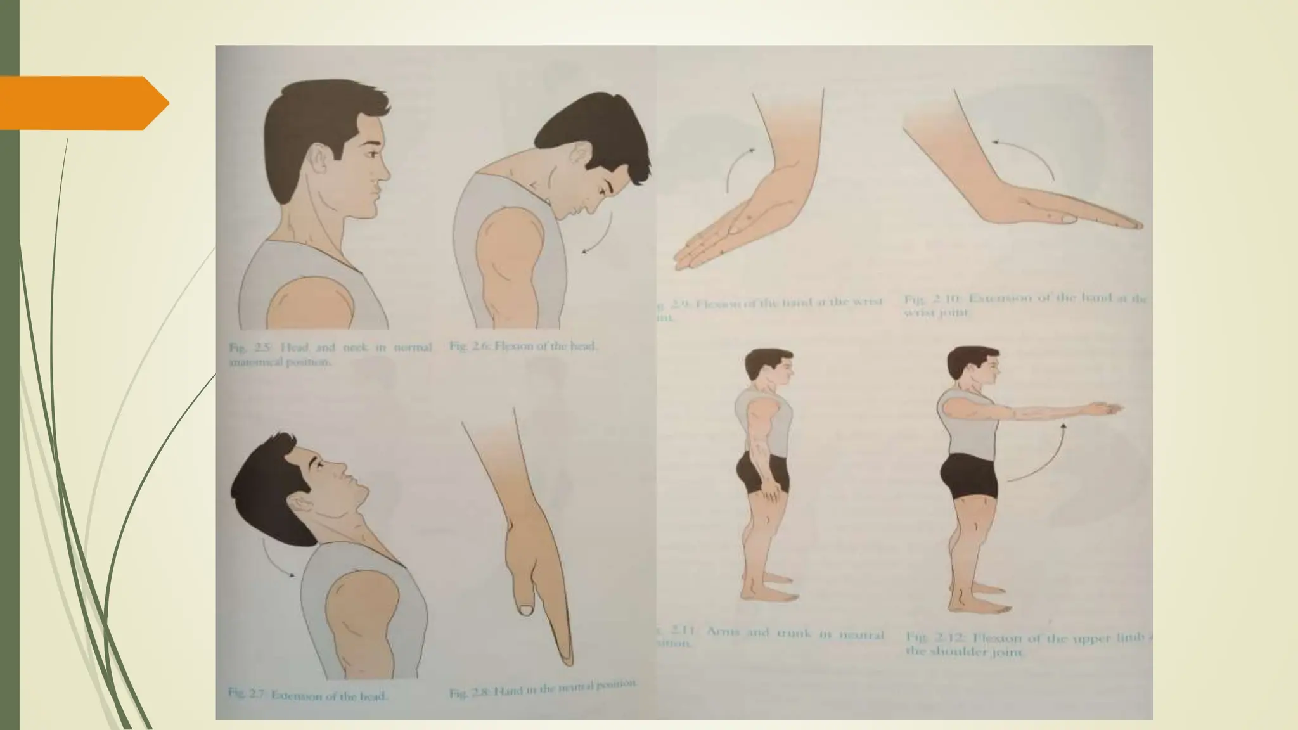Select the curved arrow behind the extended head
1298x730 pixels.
(x=274, y=558)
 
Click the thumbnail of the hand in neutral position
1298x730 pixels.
(x=525, y=610)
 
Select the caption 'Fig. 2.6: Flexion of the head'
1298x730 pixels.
(x=524, y=347)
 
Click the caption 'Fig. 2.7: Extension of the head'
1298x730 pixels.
(x=308, y=695)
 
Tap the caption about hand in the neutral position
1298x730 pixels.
(x=542, y=689)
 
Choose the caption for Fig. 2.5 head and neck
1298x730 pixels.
(x=330, y=353)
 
